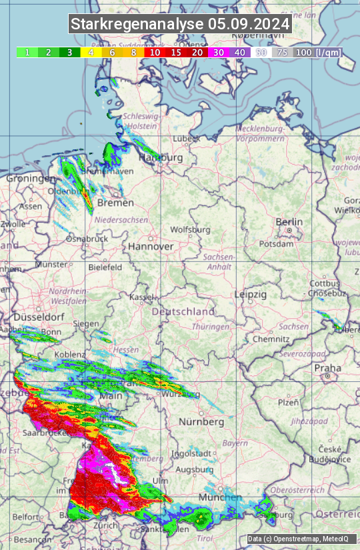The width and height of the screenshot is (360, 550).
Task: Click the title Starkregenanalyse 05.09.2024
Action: click(x=180, y=24)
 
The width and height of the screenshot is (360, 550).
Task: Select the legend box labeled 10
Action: click(x=155, y=52)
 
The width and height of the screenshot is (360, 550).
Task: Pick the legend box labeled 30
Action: click(x=219, y=52)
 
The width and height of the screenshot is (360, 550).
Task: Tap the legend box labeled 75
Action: click(x=283, y=52)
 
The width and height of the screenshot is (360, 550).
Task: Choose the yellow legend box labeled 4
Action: click(x=91, y=52)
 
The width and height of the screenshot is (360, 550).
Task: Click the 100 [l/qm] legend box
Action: click(x=317, y=52)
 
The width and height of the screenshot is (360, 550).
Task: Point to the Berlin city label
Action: click(x=289, y=222)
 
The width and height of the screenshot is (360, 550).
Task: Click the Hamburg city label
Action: click(x=161, y=158)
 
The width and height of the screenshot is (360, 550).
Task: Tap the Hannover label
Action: click(x=151, y=246)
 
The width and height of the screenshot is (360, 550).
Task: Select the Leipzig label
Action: click(x=251, y=294)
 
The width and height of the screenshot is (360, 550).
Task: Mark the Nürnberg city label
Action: click(x=201, y=422)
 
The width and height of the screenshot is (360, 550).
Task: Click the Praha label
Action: click(x=327, y=367)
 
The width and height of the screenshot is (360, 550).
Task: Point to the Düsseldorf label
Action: click(x=37, y=317)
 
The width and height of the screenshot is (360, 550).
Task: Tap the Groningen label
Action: click(x=30, y=179)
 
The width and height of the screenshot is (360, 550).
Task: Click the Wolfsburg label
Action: click(x=190, y=230)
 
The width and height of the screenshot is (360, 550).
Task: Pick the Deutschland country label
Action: click(x=183, y=311)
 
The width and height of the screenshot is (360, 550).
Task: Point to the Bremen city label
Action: click(x=115, y=203)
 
